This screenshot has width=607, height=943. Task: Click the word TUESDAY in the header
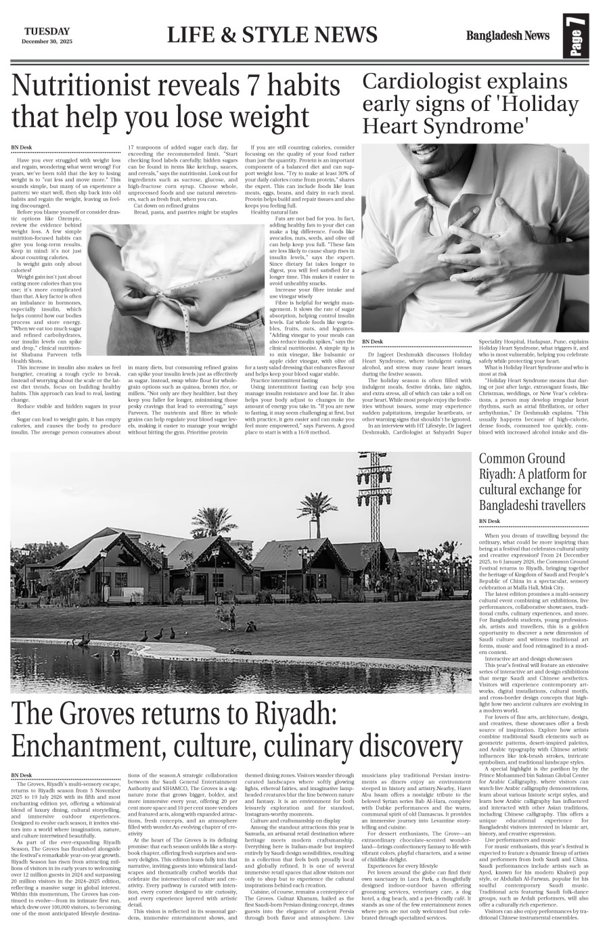point(47,31)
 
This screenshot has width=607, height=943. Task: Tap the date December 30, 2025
point(47,42)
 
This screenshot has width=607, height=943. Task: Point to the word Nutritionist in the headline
point(102,87)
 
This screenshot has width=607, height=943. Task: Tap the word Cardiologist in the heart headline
point(428,81)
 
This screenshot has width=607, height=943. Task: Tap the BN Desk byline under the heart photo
point(372,342)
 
